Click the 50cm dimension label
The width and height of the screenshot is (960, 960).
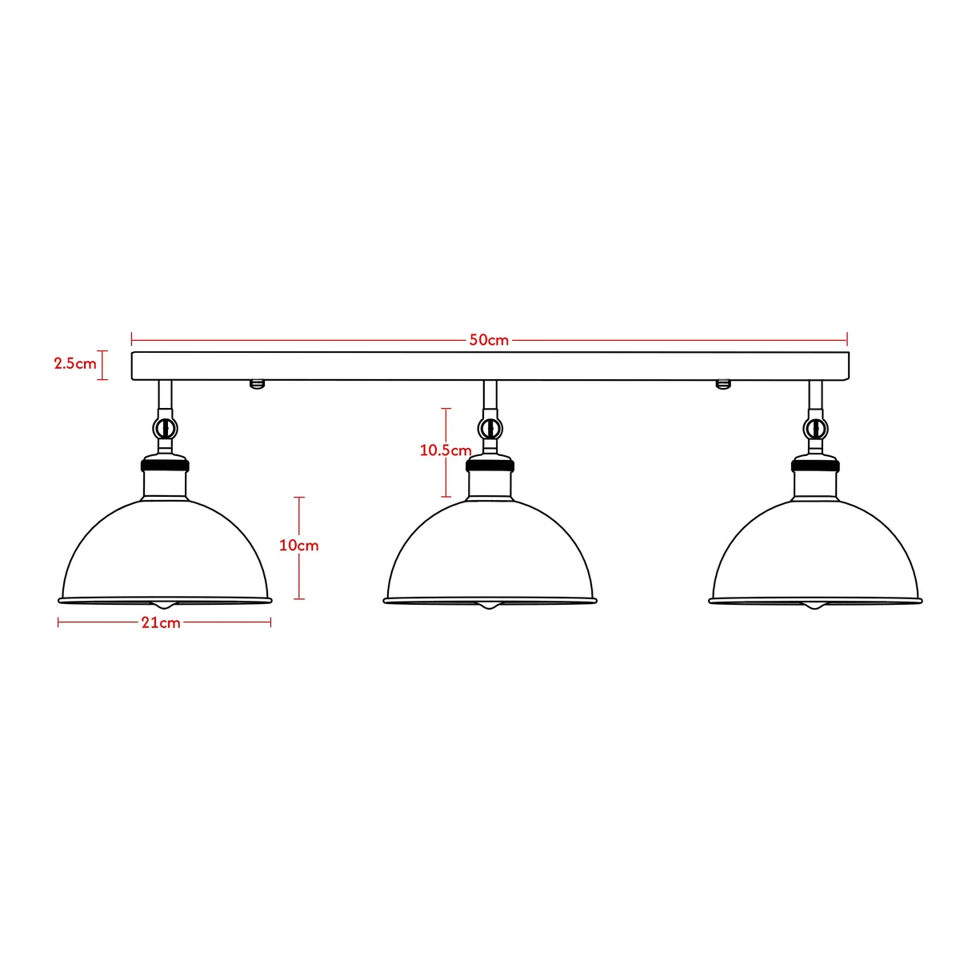(489, 340)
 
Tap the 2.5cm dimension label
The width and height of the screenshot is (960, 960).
(74, 363)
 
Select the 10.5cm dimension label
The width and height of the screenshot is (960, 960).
(446, 450)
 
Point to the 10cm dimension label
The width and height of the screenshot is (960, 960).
(298, 546)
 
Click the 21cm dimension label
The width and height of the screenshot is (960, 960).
(162, 622)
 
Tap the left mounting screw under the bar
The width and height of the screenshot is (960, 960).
(257, 384)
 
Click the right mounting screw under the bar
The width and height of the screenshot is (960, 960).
(722, 384)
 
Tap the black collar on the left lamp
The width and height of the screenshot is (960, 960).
(166, 463)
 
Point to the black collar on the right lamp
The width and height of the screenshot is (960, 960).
(815, 463)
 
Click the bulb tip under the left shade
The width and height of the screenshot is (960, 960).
(166, 606)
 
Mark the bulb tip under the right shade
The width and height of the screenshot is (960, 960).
(815, 606)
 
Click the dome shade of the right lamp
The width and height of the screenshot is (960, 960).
(815, 552)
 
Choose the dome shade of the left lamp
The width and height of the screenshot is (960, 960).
(166, 552)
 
